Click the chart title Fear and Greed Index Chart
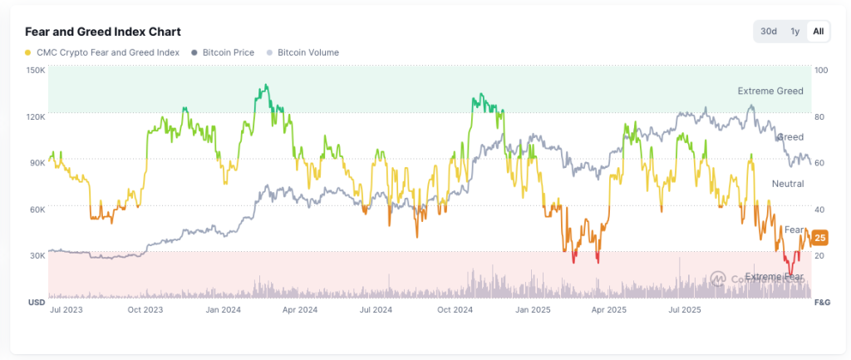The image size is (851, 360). tap(103, 31)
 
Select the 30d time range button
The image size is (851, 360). tap(769, 32)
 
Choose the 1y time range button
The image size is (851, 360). tap(795, 32)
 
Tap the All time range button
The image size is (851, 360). tap(819, 32)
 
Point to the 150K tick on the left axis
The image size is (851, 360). tap(36, 70)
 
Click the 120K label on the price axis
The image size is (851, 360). tap(36, 116)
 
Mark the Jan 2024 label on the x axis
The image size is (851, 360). tap(223, 310)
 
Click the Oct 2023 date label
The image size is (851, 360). tap(145, 310)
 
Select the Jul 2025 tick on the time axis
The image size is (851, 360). tap(686, 310)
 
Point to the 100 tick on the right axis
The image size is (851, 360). tap(821, 70)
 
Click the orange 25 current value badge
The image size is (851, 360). tap(819, 238)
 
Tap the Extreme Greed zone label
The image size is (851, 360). tap(770, 91)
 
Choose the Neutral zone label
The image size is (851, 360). tap(787, 183)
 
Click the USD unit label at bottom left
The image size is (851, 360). tap(37, 301)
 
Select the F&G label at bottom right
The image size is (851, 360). tap(822, 301)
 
